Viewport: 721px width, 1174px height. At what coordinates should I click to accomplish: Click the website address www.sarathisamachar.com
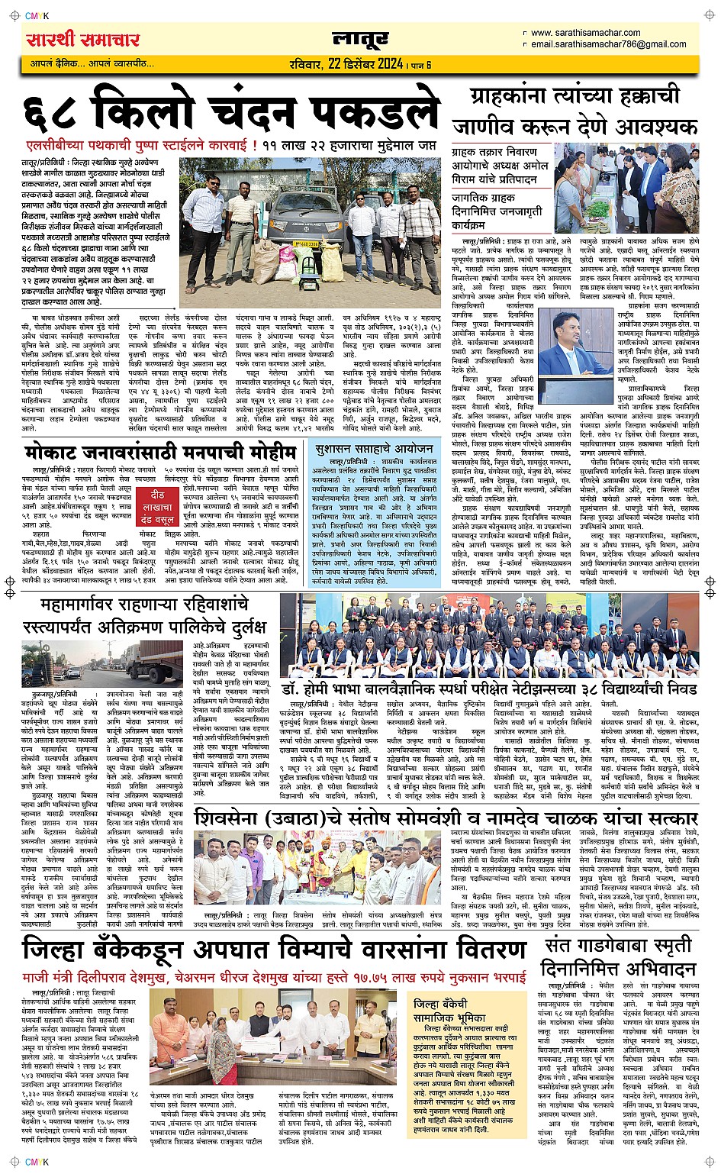[x=585, y=33]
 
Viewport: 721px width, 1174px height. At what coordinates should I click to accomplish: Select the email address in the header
[x=608, y=44]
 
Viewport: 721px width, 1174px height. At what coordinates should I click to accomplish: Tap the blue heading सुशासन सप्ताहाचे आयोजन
[x=374, y=450]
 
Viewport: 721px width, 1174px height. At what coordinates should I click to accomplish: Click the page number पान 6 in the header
[x=420, y=66]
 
